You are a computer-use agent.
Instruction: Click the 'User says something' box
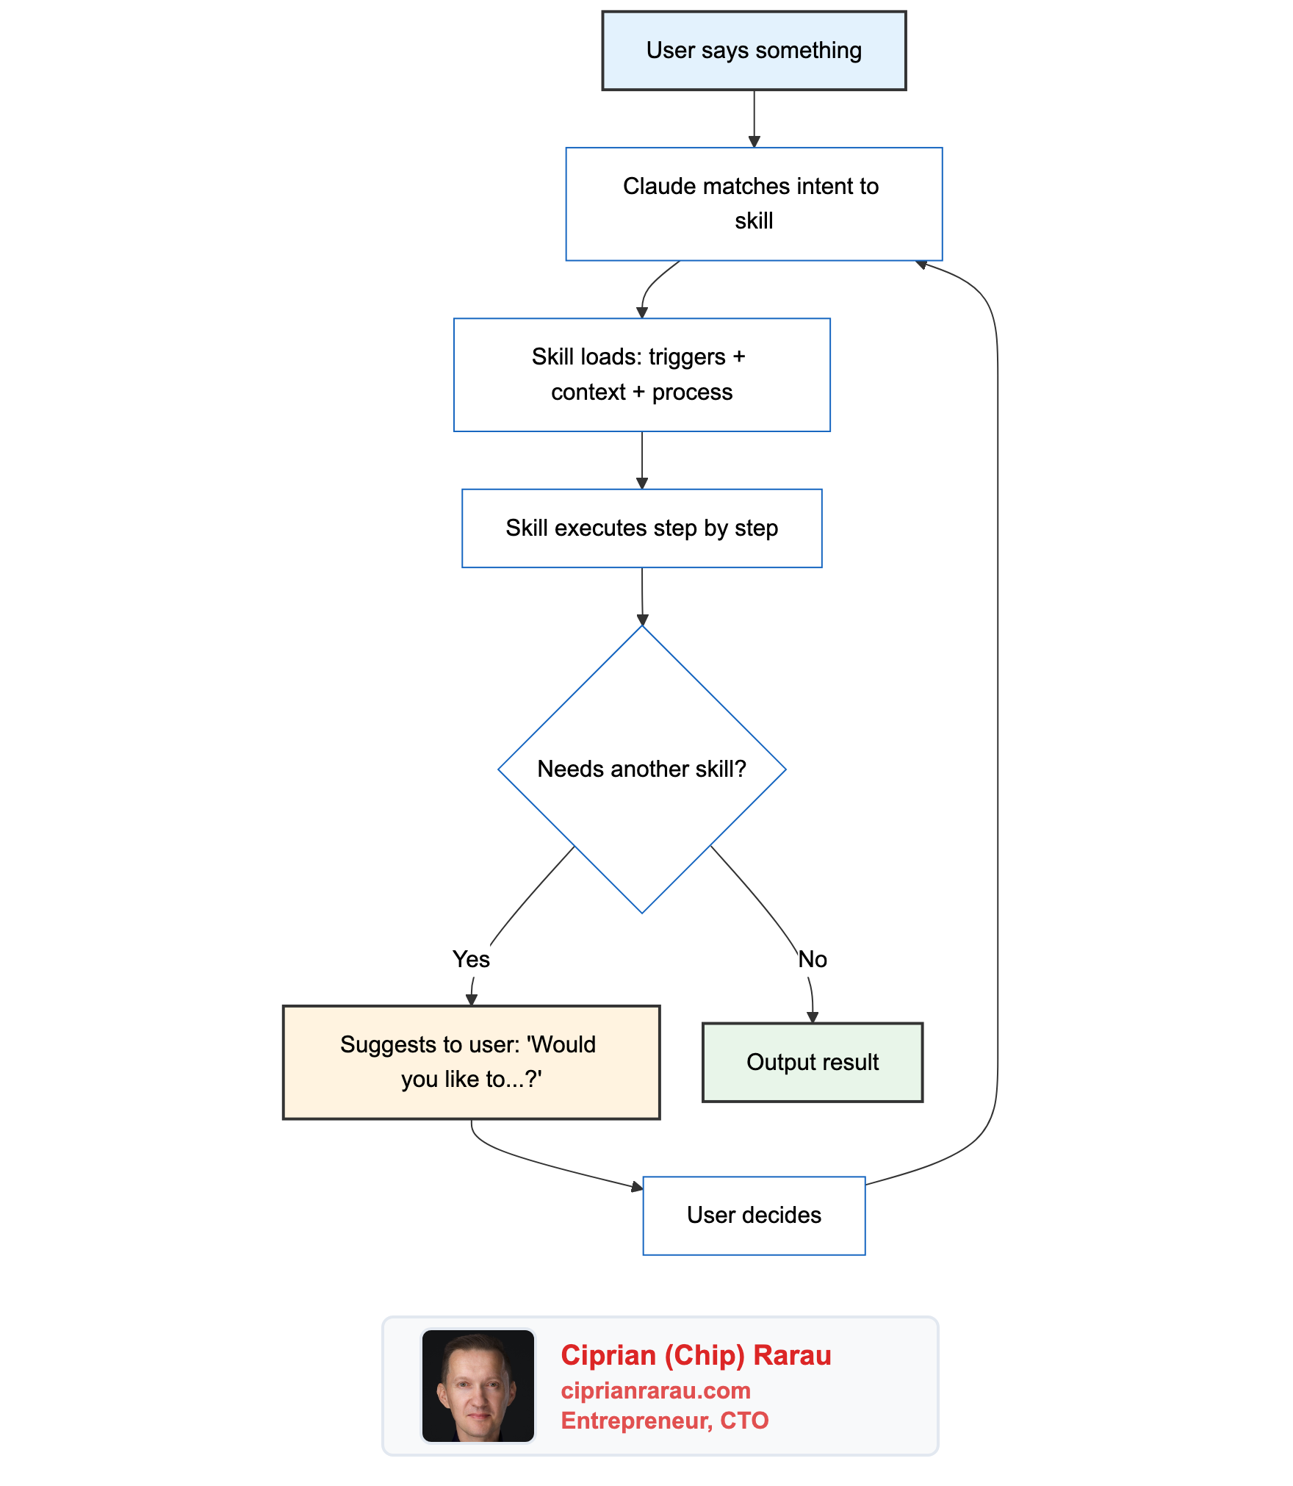coord(754,51)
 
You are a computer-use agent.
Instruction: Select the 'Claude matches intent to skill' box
coord(754,204)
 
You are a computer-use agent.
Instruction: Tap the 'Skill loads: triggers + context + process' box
coord(641,375)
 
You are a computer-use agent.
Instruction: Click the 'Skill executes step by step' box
coord(641,528)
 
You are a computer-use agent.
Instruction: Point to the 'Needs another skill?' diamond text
coord(641,769)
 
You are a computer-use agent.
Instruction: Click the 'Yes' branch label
coord(471,959)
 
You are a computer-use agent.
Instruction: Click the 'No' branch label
coord(813,959)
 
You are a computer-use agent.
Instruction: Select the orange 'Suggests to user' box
coord(471,1062)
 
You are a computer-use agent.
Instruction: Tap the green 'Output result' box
coord(813,1062)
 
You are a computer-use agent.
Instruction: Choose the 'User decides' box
coord(754,1216)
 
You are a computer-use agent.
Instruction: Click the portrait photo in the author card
coord(478,1385)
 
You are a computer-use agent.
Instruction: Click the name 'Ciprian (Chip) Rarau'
coord(696,1355)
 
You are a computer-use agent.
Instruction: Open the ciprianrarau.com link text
coord(655,1390)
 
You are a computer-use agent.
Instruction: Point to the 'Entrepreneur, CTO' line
coord(664,1421)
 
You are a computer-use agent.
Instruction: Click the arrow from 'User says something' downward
coord(754,118)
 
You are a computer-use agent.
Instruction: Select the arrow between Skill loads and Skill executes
coord(642,459)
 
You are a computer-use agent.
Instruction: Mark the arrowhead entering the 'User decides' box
coord(637,1185)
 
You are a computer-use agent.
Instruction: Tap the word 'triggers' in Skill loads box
coord(687,357)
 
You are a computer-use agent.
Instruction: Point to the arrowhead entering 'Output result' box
coord(813,1017)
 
